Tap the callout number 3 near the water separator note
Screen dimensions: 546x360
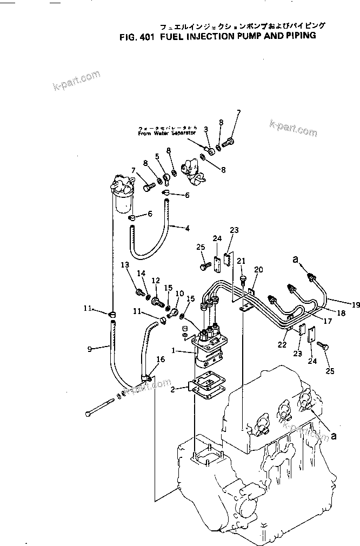206,129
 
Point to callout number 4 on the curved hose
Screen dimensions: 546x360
188,228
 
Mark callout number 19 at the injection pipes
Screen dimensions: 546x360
355,305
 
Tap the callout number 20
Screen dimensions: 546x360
258,269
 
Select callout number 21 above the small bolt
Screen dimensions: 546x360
241,261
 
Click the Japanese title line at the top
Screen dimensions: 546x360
241,25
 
